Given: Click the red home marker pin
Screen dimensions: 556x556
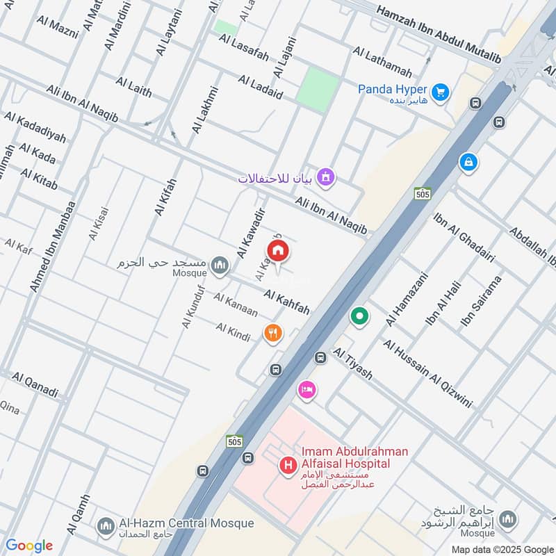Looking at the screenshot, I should (x=277, y=252).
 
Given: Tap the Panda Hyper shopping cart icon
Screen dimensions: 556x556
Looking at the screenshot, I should (x=439, y=91).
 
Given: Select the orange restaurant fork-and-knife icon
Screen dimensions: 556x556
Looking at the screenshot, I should (x=272, y=334).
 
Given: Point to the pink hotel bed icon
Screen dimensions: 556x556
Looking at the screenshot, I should (x=306, y=391).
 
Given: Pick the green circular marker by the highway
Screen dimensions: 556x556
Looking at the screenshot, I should (x=359, y=317).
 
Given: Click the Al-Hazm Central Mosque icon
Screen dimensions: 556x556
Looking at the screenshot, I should (x=106, y=524).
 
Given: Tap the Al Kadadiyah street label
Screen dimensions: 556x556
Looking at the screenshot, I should (x=35, y=127).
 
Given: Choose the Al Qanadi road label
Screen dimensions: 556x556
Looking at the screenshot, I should (x=35, y=384).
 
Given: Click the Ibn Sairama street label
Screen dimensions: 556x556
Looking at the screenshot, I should (x=481, y=302).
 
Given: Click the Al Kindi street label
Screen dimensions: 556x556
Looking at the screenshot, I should (x=233, y=332).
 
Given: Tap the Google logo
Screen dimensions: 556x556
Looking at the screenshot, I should (x=29, y=546).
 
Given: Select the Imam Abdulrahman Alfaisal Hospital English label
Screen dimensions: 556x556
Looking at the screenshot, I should (x=354, y=457).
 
